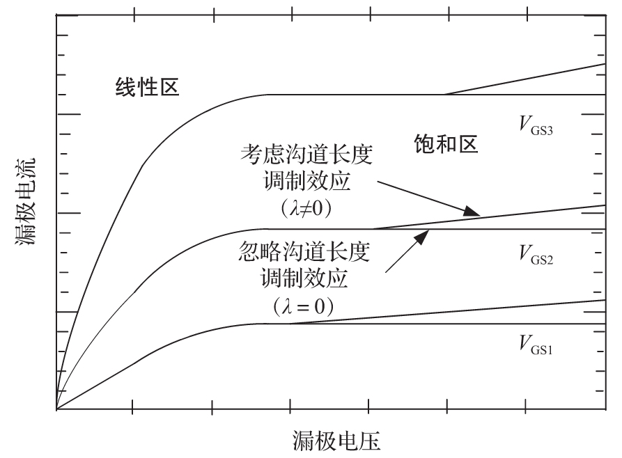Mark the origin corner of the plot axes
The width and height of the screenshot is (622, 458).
coord(56,410)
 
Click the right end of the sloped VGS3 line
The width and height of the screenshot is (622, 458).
coord(604,64)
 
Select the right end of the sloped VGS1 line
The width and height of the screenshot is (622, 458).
coord(604,300)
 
